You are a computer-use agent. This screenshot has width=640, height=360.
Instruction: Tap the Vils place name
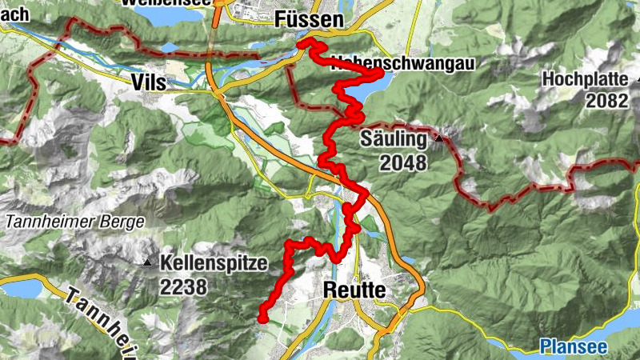150,80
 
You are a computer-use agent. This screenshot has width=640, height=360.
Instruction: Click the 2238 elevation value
183,285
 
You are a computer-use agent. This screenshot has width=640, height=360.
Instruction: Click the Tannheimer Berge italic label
74,222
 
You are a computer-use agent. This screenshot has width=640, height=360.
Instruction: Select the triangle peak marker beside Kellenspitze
147,262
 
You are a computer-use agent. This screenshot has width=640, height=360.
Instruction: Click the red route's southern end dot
262,319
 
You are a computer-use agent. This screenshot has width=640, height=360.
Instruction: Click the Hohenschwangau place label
376,62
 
